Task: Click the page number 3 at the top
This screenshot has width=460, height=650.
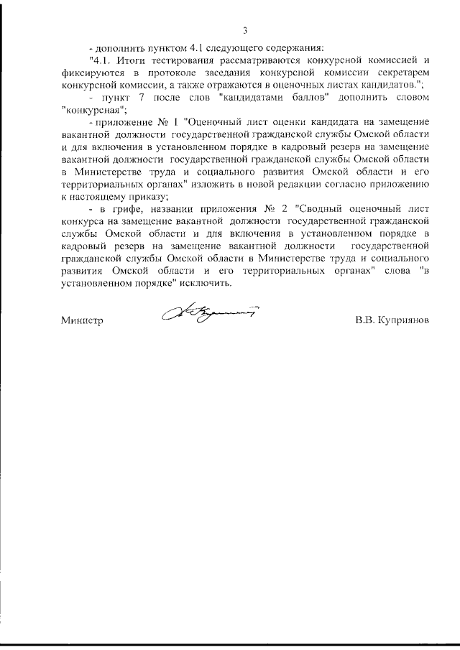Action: [x=244, y=29]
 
